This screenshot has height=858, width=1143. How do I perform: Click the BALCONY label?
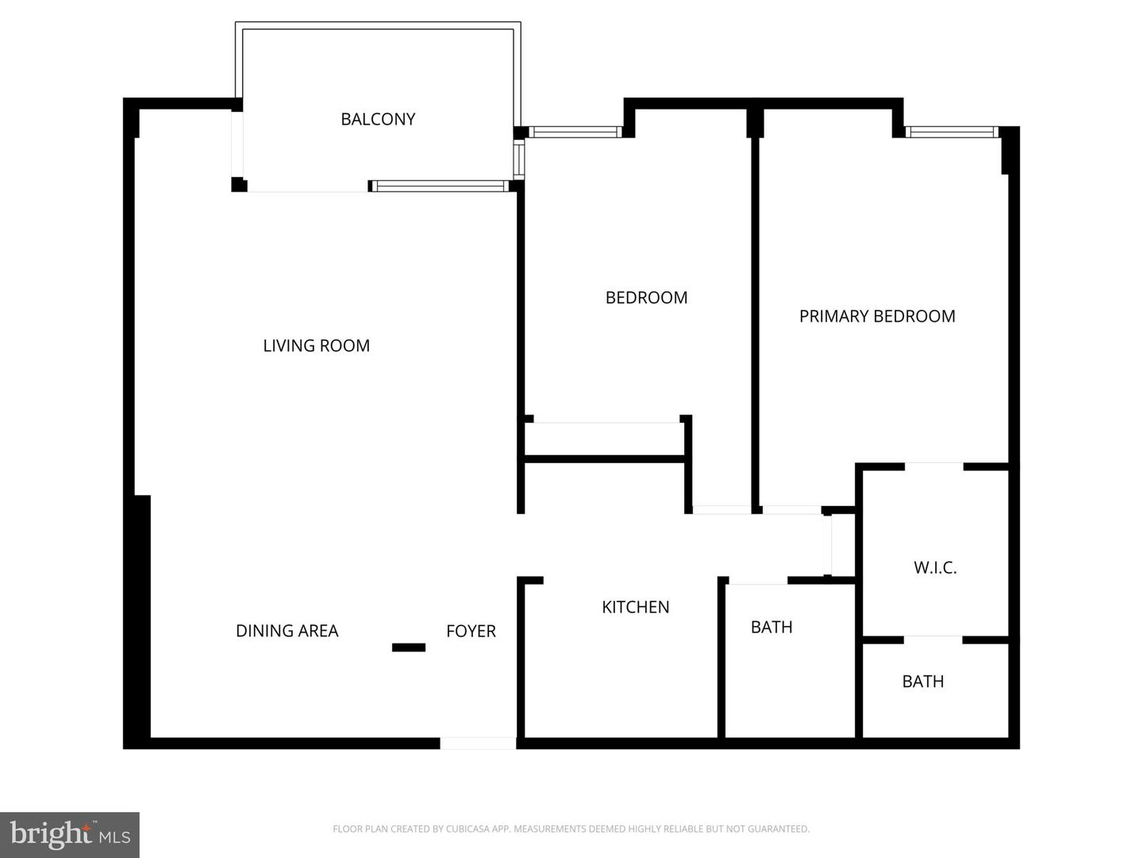pyautogui.click(x=378, y=119)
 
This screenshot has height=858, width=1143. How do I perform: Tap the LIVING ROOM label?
pyautogui.click(x=316, y=346)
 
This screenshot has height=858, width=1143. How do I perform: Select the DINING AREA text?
pyautogui.click(x=287, y=631)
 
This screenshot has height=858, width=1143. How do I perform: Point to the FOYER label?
pyautogui.click(x=471, y=631)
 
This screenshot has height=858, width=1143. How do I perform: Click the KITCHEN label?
pyautogui.click(x=635, y=607)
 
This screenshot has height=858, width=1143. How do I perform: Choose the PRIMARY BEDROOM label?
pyautogui.click(x=876, y=316)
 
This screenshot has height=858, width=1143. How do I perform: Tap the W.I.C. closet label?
pyautogui.click(x=935, y=567)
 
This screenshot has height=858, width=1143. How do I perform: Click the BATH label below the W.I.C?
pyautogui.click(x=922, y=681)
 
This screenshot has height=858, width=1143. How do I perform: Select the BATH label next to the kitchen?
pyautogui.click(x=771, y=627)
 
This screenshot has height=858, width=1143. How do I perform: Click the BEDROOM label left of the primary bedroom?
pyautogui.click(x=646, y=297)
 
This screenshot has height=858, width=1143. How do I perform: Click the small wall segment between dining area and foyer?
pyautogui.click(x=409, y=647)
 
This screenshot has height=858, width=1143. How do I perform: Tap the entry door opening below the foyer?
pyautogui.click(x=478, y=744)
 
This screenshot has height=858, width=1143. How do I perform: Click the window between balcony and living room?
pyautogui.click(x=439, y=187)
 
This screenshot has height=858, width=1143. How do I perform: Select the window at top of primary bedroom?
pyautogui.click(x=951, y=132)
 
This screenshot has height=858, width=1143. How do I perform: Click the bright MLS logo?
pyautogui.click(x=70, y=834)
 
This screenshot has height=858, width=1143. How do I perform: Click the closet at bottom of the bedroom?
pyautogui.click(x=604, y=439)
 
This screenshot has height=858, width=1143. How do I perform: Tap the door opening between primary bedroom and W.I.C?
pyautogui.click(x=933, y=466)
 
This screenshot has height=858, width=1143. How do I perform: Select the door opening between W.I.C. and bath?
pyautogui.click(x=933, y=640)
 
